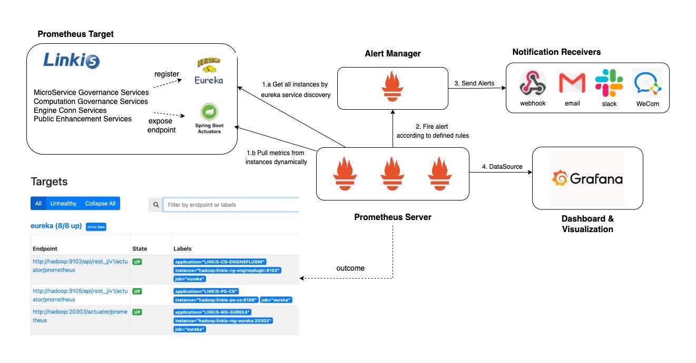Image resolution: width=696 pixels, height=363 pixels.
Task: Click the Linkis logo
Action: tap(71, 61)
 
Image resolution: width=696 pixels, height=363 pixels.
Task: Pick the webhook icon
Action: tap(533, 83)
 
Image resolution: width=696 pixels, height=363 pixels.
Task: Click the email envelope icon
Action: tap(572, 83)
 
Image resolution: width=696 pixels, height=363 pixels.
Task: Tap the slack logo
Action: tap(609, 83)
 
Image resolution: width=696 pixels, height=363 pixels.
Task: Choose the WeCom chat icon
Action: tap(648, 83)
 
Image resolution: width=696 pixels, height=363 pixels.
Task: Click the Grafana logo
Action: tap(587, 179)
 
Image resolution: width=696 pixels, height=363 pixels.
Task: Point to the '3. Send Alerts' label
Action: tap(475, 83)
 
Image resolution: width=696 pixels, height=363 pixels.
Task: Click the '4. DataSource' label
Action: tap(502, 167)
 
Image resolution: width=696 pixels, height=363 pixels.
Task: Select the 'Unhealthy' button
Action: tap(63, 204)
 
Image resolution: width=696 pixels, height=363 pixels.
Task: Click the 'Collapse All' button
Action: tap(100, 204)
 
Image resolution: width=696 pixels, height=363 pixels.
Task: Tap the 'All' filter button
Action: tap(38, 204)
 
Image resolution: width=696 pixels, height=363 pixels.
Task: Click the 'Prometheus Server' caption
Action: tap(393, 217)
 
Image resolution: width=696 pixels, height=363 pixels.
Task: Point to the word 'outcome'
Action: tap(350, 268)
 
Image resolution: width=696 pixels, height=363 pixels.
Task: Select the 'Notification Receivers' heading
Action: tap(556, 52)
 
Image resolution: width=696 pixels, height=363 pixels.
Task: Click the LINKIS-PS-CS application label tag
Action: tap(207, 291)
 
